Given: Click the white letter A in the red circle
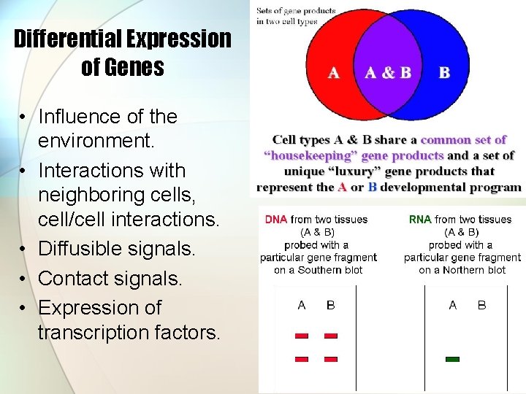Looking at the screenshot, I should click(x=333, y=72).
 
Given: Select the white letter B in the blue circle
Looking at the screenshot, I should click(x=444, y=72).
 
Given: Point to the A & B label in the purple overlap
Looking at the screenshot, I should click(x=387, y=72).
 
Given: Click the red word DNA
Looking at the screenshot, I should click(x=275, y=219).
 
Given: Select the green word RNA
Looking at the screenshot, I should click(x=420, y=219).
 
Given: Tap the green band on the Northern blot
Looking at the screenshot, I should click(x=452, y=359).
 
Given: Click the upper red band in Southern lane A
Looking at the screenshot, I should click(x=302, y=336).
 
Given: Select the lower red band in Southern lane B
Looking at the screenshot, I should click(x=331, y=359).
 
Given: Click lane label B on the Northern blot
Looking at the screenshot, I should click(x=481, y=305).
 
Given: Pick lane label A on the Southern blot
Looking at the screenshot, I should click(x=302, y=305).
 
